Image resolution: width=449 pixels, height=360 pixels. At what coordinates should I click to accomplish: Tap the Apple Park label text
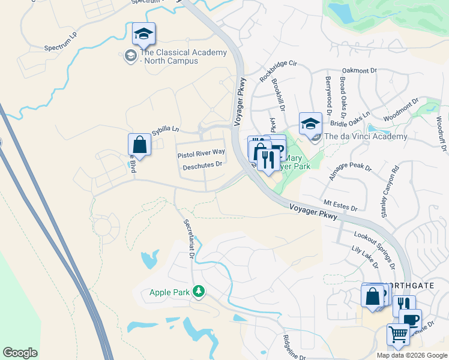170,293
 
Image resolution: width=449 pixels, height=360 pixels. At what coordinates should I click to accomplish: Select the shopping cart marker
397,334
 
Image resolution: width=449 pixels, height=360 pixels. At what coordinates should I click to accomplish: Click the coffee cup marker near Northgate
411,319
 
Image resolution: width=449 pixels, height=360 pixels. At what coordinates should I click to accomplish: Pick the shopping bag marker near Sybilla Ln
139,145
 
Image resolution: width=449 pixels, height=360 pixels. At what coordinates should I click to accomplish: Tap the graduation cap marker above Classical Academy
144,34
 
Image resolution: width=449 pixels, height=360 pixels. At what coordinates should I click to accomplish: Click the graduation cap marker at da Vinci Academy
310,124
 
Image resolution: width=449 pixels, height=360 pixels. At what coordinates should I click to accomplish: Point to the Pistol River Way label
200,155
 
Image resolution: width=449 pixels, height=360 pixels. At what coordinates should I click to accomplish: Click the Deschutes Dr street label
202,164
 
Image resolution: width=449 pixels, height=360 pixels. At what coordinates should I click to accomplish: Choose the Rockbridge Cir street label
279,71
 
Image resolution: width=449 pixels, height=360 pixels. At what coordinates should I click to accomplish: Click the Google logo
20,353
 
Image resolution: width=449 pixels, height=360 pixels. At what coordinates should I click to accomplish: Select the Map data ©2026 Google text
412,355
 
